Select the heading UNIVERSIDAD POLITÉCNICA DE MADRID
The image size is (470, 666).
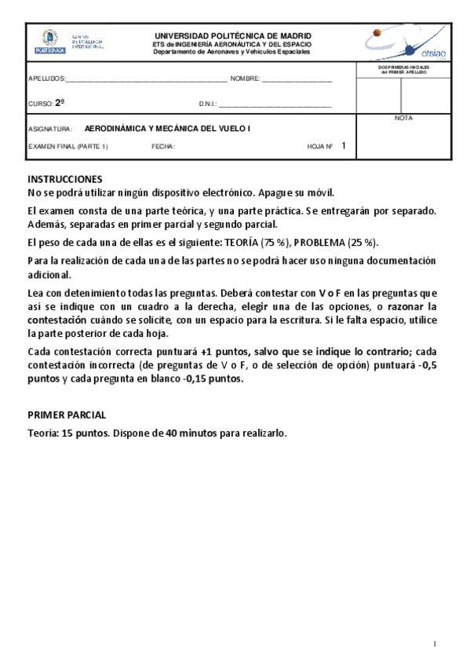pos(232,36)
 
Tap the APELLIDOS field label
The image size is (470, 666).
pos(46,79)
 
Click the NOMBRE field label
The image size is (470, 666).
pos(245,79)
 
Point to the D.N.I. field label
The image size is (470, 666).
pos(208,104)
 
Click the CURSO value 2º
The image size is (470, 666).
pos(60,103)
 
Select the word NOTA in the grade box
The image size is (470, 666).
pos(403,118)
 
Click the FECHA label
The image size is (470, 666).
pos(163,146)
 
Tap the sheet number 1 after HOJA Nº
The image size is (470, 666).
pos(344,145)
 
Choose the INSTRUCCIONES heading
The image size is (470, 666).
pos(64,179)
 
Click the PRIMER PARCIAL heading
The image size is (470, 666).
pos(67,415)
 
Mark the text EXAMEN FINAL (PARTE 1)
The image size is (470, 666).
pos(68,146)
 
